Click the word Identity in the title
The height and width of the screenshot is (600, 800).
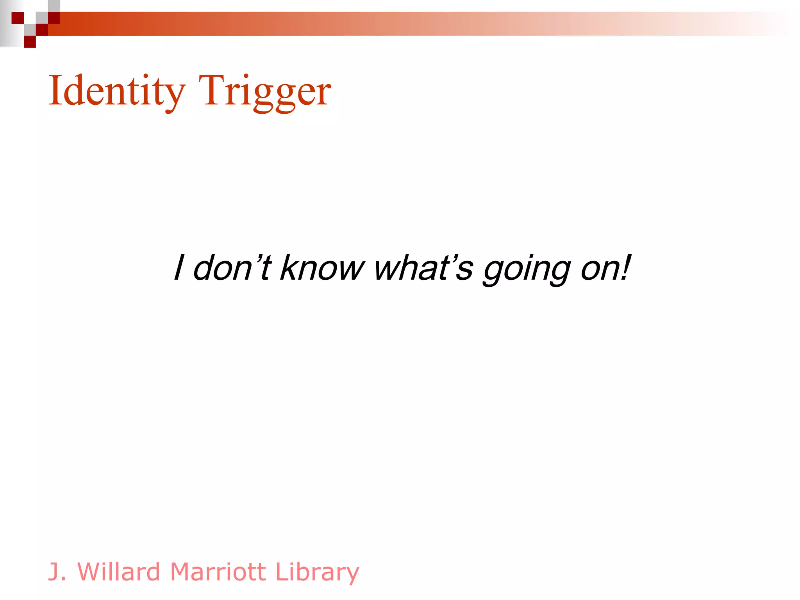pos(116,91)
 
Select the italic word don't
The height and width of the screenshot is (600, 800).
pos(232,268)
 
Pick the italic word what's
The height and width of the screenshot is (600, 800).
pos(423,268)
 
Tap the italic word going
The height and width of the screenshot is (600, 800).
pos(527,270)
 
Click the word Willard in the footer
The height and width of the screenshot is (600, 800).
pos(119,572)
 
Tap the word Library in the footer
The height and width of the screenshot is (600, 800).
pos(317,573)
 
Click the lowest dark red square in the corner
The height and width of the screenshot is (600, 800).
pos(30,42)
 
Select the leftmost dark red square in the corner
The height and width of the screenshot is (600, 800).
pos(18,18)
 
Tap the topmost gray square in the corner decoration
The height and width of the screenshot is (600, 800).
pos(54,5)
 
